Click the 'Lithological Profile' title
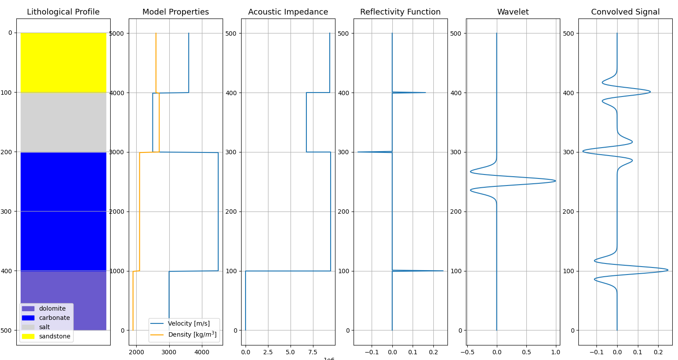point(63,12)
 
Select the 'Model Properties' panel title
point(175,12)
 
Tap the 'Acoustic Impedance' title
point(288,12)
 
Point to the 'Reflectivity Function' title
point(400,12)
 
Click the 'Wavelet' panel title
point(513,12)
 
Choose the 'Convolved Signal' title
point(625,12)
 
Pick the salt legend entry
point(44,327)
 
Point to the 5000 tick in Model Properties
point(117,33)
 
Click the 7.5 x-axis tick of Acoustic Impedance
point(313,352)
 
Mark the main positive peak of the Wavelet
point(555,181)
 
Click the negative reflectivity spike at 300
point(358,152)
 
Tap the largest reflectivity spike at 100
point(442,271)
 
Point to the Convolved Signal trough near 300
point(584,151)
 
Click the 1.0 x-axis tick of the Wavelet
point(555,352)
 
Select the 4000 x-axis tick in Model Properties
point(202,352)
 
